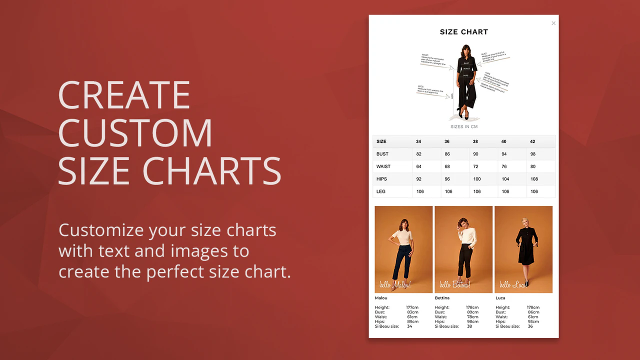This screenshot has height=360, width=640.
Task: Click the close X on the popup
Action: [x=553, y=23]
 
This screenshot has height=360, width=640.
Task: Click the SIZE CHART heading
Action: [x=463, y=32]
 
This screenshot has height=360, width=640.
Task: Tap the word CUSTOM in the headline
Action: [x=135, y=132]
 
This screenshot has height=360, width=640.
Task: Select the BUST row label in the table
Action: [x=382, y=154]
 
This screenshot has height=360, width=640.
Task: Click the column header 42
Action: [x=533, y=141]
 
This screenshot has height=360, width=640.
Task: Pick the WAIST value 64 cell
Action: [x=419, y=166]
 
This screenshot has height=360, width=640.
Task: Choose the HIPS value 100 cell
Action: [x=477, y=179]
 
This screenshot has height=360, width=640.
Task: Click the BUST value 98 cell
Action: [x=533, y=154]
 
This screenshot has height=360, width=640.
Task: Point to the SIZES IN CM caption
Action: [x=463, y=127]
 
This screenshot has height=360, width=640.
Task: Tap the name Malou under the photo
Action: [x=381, y=298]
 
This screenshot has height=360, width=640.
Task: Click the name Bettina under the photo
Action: [x=442, y=298]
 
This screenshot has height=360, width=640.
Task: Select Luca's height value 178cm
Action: [x=533, y=307]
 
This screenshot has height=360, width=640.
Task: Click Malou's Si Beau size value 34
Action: [x=409, y=326]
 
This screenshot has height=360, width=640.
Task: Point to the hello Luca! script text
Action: [x=512, y=284]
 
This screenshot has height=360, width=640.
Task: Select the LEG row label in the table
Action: [x=381, y=191]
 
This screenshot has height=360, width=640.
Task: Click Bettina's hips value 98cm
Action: [x=472, y=321]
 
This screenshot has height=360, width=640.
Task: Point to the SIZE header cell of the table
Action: [x=381, y=141]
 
